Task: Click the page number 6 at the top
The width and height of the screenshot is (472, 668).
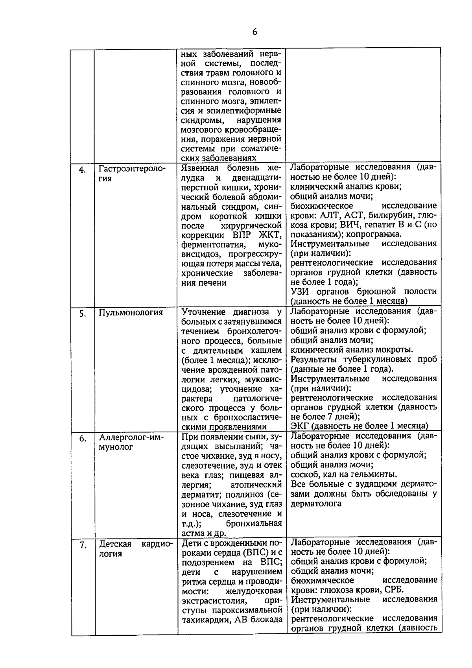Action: tap(254, 32)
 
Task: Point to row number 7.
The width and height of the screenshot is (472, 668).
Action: tap(82, 545)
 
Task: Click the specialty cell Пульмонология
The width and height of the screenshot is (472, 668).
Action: tap(131, 313)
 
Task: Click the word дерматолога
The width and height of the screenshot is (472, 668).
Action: tap(316, 504)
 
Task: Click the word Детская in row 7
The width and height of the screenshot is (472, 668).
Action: tap(115, 544)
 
